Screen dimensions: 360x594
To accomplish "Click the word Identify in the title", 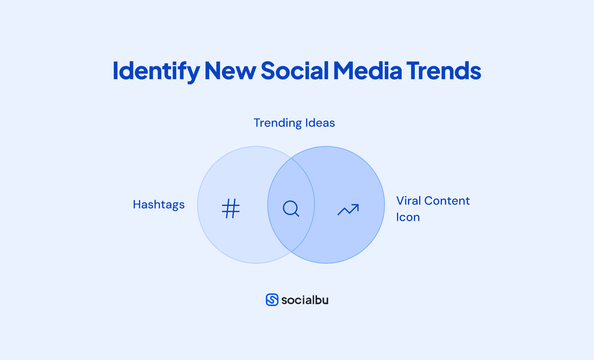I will coord(156,71).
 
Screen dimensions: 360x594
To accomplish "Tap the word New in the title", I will coord(230,71).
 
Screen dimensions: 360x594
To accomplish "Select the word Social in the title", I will coord(295,71).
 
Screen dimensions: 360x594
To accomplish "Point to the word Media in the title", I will coord(367,71).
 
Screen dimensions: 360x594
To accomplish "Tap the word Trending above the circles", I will coord(277,123).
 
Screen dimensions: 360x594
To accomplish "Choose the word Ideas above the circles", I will coord(320,123).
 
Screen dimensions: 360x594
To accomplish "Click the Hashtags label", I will coord(158,205).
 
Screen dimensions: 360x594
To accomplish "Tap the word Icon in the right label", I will coord(408,217).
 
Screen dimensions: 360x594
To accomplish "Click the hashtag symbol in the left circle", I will coord(231,208).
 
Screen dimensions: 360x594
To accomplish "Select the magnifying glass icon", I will coord(291,208).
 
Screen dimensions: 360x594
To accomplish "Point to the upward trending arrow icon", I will coord(348,209).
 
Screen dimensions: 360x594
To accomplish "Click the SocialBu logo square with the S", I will coord(272,300).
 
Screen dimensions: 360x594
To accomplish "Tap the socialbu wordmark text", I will coord(305,300).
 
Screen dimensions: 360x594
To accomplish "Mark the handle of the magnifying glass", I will coord(297,214).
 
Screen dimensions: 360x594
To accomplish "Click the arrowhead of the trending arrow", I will coord(356,206).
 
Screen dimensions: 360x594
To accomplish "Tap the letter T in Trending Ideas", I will coord(257,123).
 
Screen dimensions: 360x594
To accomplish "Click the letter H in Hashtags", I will coord(137,205).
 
